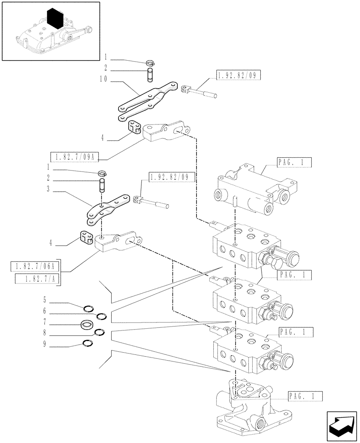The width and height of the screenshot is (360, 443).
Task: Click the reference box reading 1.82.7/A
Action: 38,279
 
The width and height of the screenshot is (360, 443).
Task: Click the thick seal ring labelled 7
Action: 86,326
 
